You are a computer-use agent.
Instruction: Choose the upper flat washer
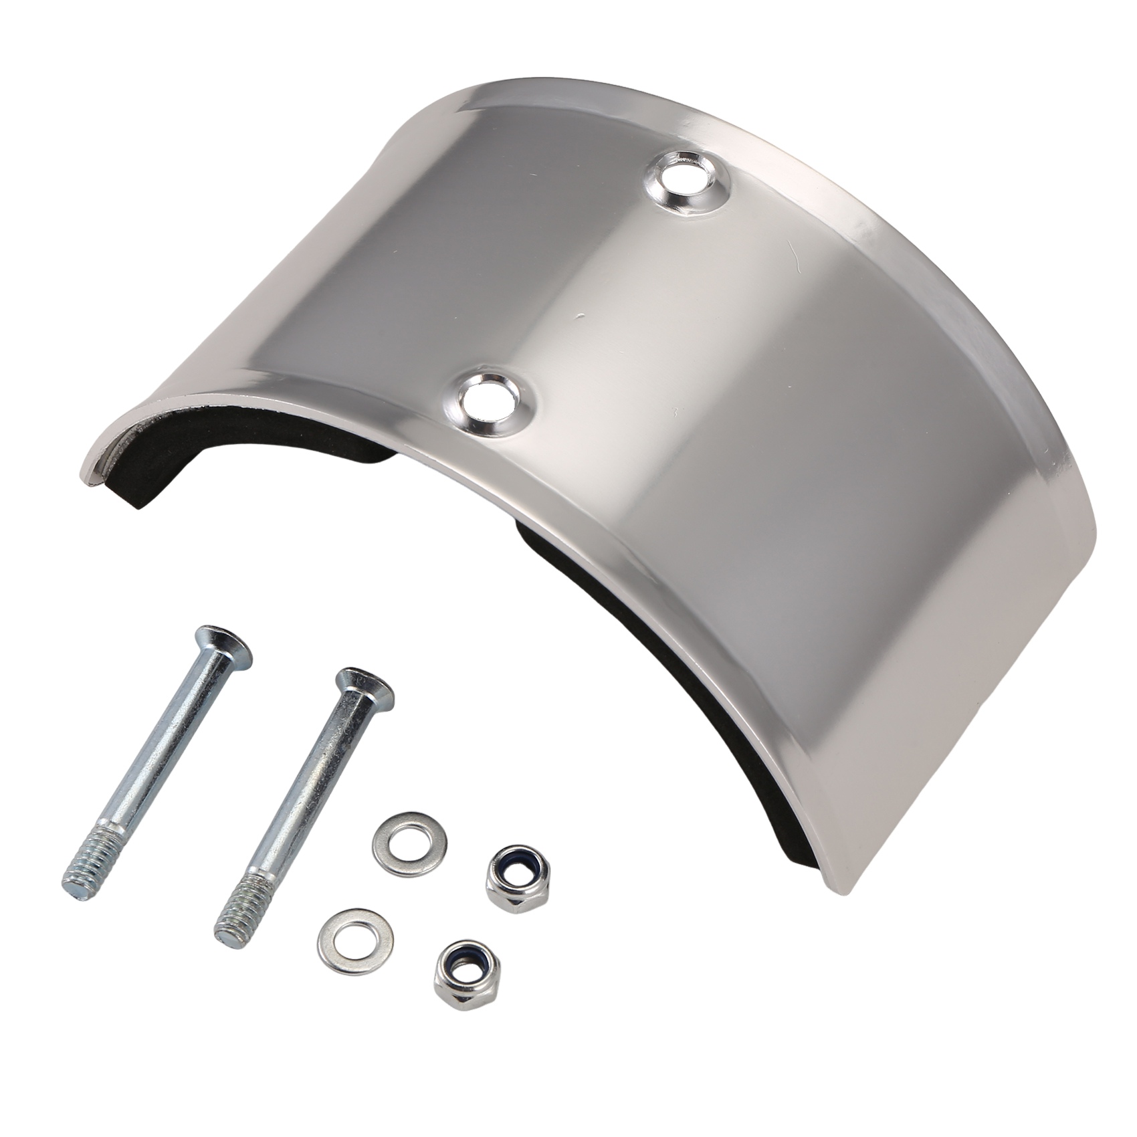point(410,844)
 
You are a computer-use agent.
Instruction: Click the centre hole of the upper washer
point(410,844)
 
